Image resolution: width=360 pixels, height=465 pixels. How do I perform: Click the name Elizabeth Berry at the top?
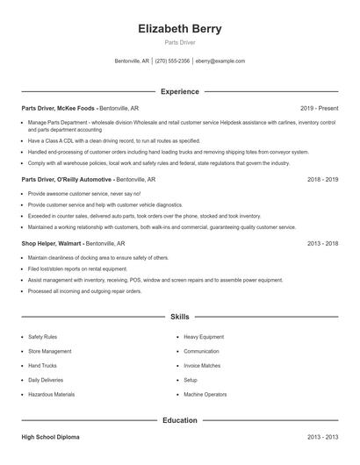tap(180, 29)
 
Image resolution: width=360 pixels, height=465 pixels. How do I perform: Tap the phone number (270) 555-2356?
tap(173, 61)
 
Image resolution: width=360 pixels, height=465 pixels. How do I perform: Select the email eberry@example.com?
tap(220, 61)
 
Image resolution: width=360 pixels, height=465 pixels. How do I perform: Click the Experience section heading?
tap(180, 91)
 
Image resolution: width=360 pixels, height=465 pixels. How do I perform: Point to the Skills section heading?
tap(180, 316)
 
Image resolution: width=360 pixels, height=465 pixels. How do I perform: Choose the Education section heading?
tap(180, 420)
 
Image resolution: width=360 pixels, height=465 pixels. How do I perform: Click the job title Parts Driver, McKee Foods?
tap(59, 108)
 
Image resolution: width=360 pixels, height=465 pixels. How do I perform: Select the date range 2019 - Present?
tap(319, 108)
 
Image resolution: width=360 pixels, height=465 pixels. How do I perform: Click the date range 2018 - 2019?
tap(322, 179)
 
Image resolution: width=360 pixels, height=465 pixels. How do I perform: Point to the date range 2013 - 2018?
tap(322, 243)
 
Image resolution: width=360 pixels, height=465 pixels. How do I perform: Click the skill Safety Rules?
tap(42, 336)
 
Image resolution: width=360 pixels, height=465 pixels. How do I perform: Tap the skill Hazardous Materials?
tap(51, 395)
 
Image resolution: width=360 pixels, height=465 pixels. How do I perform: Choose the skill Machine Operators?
tap(205, 395)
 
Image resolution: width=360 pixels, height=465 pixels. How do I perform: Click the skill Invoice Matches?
tap(202, 365)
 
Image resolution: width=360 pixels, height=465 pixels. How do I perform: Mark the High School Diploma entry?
tap(51, 436)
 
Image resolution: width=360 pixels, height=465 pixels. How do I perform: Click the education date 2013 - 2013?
tap(322, 436)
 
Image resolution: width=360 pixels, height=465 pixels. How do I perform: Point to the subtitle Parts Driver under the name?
tap(180, 43)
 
